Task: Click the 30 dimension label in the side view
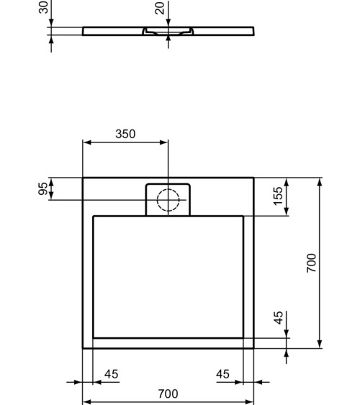tap(44, 7)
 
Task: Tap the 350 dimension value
tap(125, 135)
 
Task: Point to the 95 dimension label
tap(44, 188)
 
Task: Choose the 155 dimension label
tap(279, 196)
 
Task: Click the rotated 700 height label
tap(311, 263)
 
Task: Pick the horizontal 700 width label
tap(167, 393)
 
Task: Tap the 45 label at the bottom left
tap(111, 374)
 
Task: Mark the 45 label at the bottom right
tap(224, 374)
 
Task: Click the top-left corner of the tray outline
tap(83, 178)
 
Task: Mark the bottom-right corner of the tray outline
tap(253, 348)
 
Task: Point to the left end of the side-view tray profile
tap(84, 31)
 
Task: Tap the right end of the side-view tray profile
tap(253, 31)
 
